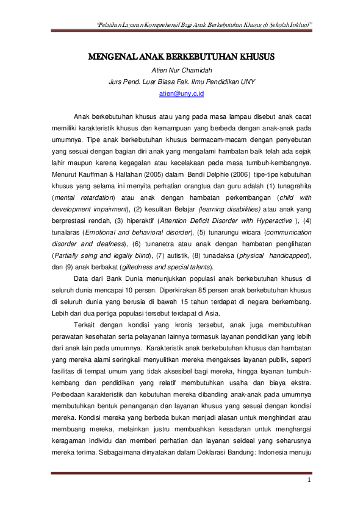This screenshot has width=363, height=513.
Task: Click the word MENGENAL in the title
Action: tap(111, 58)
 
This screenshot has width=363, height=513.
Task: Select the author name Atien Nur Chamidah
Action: tap(181, 70)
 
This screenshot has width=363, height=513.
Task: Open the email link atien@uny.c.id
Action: tap(181, 94)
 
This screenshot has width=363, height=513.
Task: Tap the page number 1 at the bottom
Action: tap(309, 481)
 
